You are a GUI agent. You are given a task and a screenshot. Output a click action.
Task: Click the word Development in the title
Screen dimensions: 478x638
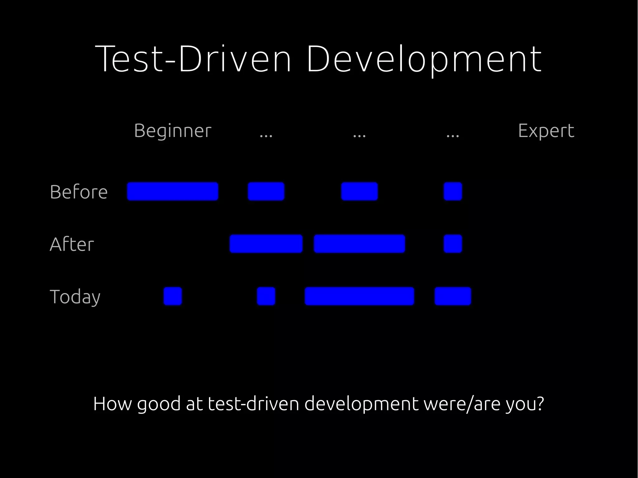(424, 59)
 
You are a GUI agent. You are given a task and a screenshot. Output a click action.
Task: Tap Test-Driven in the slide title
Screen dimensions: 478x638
(193, 59)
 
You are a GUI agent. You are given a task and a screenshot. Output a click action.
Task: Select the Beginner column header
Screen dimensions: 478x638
(173, 131)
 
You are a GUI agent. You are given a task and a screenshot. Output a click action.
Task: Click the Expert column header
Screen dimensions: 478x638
(546, 131)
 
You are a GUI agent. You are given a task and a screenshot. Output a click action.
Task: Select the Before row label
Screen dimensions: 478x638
(79, 192)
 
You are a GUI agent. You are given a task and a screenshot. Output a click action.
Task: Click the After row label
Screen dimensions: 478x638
(72, 244)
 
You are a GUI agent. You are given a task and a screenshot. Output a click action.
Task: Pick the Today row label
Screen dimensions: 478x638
(75, 297)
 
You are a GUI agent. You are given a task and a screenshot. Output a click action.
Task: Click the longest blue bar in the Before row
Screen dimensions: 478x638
(173, 192)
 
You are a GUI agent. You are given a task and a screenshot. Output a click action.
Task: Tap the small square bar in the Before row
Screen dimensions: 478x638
(453, 192)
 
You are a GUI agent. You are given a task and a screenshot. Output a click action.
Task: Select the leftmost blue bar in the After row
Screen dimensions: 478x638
(266, 244)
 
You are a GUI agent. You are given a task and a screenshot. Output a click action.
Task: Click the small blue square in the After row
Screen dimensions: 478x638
(453, 244)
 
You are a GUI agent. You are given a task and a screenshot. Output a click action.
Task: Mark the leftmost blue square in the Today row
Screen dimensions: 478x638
(173, 296)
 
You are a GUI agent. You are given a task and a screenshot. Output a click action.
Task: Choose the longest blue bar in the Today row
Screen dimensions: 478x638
(359, 296)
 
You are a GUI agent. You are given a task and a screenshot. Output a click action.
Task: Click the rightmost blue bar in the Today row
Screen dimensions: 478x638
(453, 296)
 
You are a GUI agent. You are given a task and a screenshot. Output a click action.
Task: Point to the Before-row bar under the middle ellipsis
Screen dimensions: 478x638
(359, 192)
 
